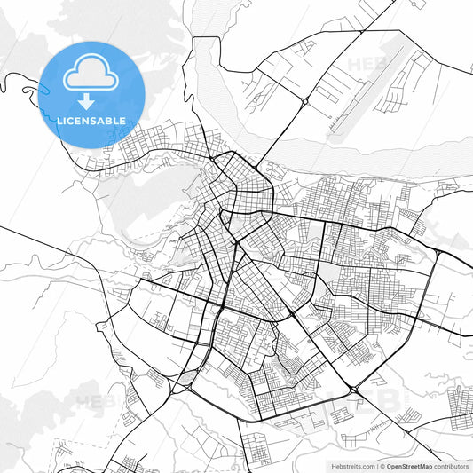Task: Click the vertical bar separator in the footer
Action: coord(376,465)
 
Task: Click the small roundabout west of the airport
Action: coord(304,102)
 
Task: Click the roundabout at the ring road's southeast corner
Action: coord(353,390)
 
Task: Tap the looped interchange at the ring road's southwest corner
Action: coord(185,383)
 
